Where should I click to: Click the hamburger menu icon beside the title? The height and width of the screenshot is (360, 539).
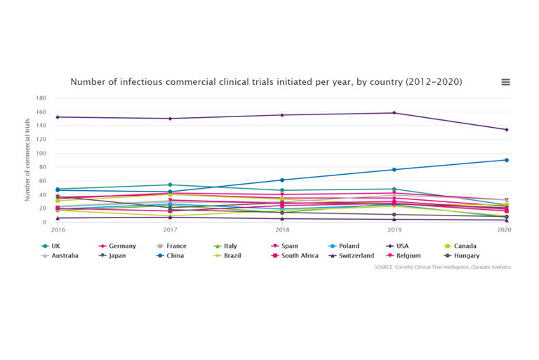(x=505, y=82)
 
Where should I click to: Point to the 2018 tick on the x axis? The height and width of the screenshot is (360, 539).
(x=281, y=229)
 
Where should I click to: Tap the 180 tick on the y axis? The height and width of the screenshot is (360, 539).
(x=41, y=98)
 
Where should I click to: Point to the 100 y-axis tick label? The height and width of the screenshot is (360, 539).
(x=41, y=153)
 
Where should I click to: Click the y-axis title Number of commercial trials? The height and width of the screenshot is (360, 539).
(x=28, y=160)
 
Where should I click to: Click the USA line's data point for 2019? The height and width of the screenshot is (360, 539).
(x=394, y=113)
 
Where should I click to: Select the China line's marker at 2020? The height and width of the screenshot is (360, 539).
(x=506, y=160)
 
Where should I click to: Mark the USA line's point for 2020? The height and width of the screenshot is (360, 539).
(x=506, y=130)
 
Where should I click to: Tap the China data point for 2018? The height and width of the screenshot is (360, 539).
(x=281, y=180)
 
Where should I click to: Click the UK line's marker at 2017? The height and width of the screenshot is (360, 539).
(x=169, y=185)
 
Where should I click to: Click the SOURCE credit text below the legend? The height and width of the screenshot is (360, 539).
(x=443, y=267)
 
